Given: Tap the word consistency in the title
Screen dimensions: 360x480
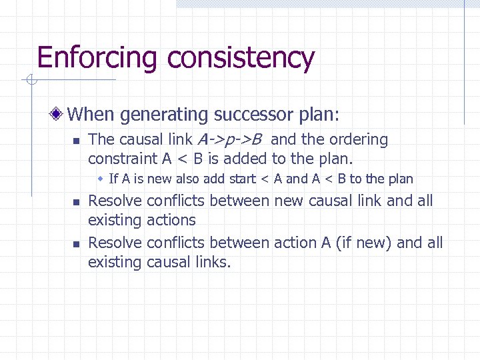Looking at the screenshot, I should point(241,58).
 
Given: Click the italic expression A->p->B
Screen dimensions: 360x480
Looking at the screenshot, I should point(229,140).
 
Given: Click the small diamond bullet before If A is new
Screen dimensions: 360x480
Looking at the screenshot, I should point(100,179).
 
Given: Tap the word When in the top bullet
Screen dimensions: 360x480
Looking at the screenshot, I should point(91,115).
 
